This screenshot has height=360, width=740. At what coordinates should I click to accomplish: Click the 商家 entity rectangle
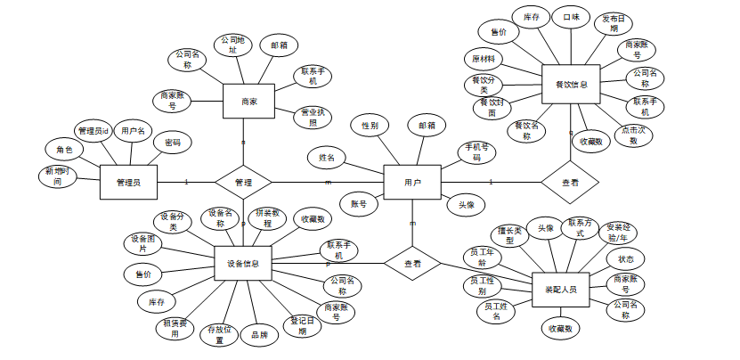coord(248,102)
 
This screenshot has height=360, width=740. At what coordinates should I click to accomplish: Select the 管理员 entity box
coord(129,183)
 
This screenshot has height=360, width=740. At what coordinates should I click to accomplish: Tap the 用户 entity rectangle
coord(411,183)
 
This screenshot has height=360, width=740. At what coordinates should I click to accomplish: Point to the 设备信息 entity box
coord(243,264)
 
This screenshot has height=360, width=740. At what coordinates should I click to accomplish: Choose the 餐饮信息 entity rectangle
coord(571,86)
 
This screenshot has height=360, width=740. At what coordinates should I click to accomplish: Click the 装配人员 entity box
coord(560,290)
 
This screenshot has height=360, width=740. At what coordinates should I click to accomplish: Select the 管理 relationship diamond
coord(243,183)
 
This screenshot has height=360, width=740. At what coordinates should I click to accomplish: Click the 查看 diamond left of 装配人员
coord(414,264)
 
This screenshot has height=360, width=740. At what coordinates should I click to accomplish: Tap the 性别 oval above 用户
coord(370,126)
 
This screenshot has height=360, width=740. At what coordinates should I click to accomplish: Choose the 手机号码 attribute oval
coord(476,151)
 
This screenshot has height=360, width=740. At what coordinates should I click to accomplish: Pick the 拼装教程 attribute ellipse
coord(268,217)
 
